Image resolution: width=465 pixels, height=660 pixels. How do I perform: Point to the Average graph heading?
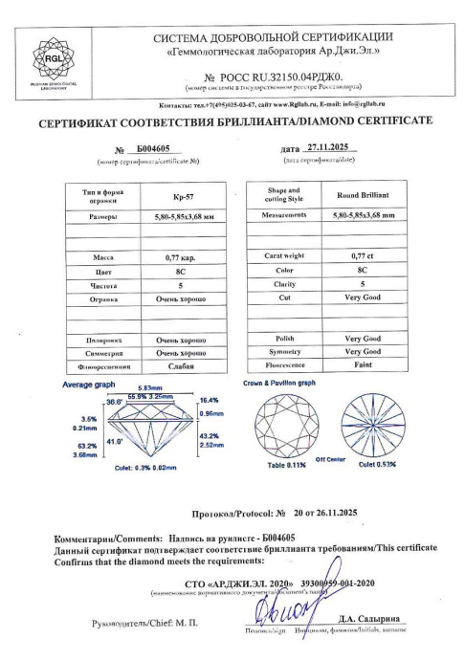click(89, 384)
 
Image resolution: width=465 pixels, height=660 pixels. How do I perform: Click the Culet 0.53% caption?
click(380, 465)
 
